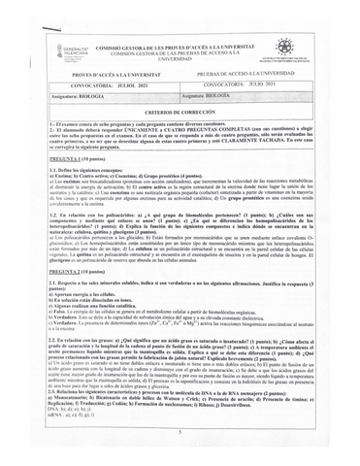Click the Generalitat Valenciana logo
(50, 51)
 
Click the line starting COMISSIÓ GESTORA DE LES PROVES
(180, 45)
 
